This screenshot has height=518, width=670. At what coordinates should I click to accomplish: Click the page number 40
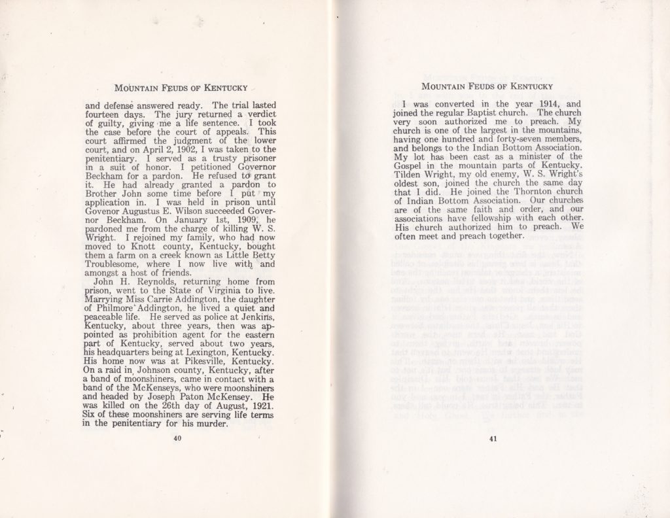point(177,438)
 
